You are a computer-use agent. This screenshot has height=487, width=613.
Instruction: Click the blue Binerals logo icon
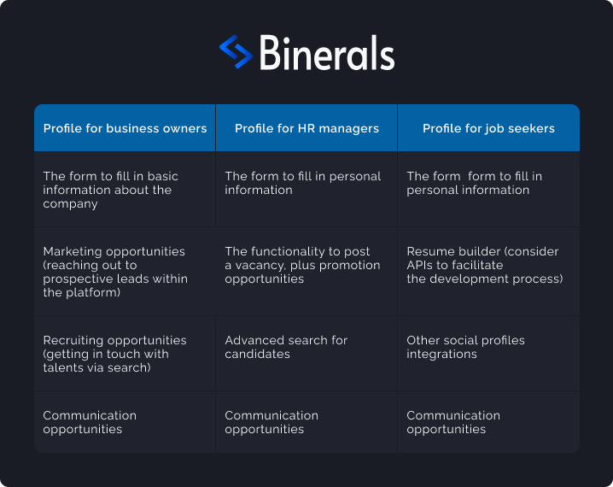coord(236,51)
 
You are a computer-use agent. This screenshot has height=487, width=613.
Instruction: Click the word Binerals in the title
coord(327,53)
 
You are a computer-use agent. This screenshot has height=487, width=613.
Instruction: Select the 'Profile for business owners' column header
coord(126,128)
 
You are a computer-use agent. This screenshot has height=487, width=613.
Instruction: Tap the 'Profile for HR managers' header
coord(306,128)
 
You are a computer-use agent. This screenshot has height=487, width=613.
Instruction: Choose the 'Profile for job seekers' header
coord(488,128)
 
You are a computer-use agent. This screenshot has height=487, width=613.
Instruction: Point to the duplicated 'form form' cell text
coord(474,183)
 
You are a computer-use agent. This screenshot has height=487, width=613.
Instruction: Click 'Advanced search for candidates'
coord(286,347)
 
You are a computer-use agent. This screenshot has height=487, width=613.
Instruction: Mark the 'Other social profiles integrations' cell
coord(465,347)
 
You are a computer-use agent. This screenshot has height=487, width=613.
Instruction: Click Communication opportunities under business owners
coord(90,422)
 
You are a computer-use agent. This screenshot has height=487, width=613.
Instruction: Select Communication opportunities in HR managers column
coord(271,422)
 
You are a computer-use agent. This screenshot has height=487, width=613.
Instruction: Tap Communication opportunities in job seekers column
coord(453,422)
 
